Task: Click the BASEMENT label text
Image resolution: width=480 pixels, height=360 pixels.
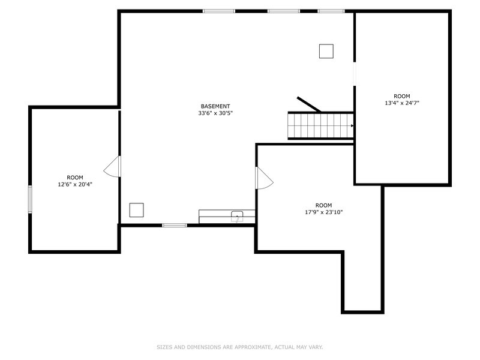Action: [x=215, y=106]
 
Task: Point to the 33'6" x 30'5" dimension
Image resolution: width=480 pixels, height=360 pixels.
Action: [x=215, y=113]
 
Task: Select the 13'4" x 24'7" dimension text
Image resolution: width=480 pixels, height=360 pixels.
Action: [x=401, y=103]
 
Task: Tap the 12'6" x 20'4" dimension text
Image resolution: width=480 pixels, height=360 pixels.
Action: [x=75, y=185]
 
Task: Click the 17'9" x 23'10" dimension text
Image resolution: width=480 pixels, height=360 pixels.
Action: [x=323, y=212]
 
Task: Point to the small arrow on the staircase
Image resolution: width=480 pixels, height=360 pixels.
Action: [x=352, y=126]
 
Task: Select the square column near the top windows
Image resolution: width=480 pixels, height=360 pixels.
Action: [x=326, y=51]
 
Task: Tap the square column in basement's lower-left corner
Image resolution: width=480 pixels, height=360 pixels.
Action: [x=137, y=210]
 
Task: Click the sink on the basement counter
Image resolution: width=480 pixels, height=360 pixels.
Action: [x=237, y=215]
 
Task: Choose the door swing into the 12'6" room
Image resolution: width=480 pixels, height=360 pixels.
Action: [x=113, y=167]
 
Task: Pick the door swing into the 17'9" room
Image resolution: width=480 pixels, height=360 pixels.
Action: [x=264, y=178]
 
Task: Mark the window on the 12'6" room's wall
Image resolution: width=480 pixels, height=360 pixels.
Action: [x=29, y=199]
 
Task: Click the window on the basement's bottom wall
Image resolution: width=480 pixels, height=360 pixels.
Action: [x=175, y=225]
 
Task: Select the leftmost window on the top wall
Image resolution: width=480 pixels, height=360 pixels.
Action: [x=219, y=11]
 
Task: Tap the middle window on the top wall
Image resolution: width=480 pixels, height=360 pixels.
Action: [x=283, y=11]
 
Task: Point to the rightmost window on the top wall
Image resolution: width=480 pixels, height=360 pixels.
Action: [x=331, y=11]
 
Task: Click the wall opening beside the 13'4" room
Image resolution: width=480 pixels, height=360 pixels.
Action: [x=354, y=74]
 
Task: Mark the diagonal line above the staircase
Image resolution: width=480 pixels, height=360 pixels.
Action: [x=308, y=104]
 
